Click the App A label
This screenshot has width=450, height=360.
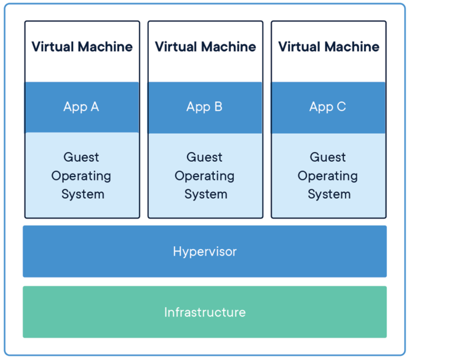tap(81, 107)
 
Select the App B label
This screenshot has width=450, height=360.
tap(204, 107)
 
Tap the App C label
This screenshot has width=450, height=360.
tap(328, 107)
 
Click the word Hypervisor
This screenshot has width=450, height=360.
tap(204, 252)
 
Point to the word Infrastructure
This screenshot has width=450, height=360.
tap(204, 312)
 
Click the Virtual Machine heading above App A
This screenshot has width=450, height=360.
tap(82, 46)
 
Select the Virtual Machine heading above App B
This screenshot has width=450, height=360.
tap(205, 46)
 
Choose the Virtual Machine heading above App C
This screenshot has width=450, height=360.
tap(329, 46)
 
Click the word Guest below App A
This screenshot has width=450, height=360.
tap(81, 157)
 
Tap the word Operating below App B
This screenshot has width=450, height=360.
tap(204, 176)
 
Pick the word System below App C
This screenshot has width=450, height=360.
tap(329, 194)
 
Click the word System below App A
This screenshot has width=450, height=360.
tap(83, 194)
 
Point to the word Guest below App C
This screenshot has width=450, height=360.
tap(328, 157)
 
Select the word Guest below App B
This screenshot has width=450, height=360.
tap(204, 157)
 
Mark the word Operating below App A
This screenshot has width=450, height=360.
tap(81, 176)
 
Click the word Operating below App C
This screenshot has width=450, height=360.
tap(328, 176)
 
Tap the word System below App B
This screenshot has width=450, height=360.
tap(206, 194)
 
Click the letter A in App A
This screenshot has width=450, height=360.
tap(94, 107)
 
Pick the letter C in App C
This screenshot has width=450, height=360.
tap(340, 107)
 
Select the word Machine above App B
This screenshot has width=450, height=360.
tap(230, 46)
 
